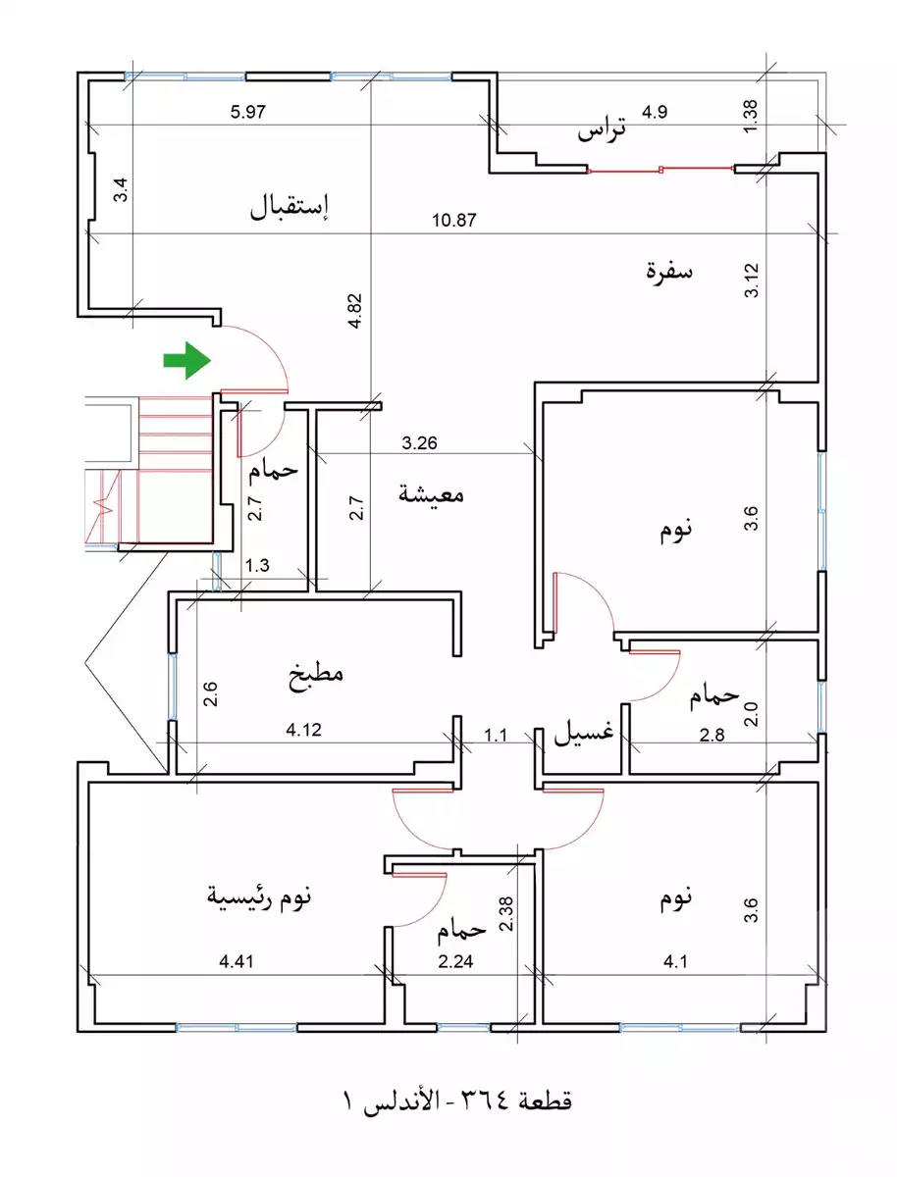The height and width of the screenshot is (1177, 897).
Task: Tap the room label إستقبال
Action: click(292, 207)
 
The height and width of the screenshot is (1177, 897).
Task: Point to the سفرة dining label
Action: click(669, 272)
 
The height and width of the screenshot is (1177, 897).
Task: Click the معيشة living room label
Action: click(431, 494)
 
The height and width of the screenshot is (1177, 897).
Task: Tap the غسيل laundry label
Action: click(586, 732)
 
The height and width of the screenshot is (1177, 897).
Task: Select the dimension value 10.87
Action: click(454, 221)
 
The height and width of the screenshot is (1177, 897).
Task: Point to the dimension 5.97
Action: click(249, 112)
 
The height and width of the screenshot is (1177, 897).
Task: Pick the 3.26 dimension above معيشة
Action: click(420, 442)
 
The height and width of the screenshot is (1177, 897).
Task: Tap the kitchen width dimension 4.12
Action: click(303, 730)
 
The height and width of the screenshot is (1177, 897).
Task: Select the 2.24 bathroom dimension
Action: click(455, 962)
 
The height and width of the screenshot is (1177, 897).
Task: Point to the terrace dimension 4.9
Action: click(655, 112)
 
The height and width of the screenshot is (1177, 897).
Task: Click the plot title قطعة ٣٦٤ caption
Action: click(455, 1100)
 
